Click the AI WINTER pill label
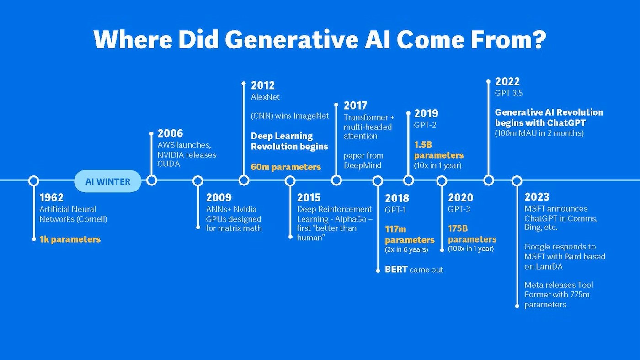click(108, 181)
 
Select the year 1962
click(51, 197)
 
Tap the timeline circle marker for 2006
click(151, 180)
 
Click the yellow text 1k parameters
click(70, 239)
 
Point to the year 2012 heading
click(263, 85)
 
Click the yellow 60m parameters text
click(286, 167)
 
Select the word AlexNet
click(265, 97)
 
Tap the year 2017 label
click(356, 106)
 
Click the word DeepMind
click(362, 165)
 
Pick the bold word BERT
click(396, 270)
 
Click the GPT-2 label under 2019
click(425, 125)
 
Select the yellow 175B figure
click(458, 228)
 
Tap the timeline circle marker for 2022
click(489, 180)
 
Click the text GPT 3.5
click(508, 93)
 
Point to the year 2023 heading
click(537, 197)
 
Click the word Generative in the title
click(292, 39)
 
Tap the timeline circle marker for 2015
click(290, 180)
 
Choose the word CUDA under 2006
click(169, 164)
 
